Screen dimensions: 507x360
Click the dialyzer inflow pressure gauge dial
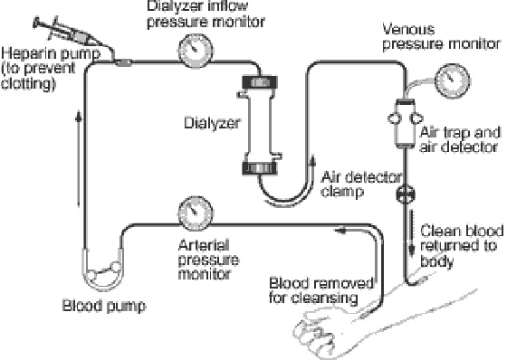tap(196, 51)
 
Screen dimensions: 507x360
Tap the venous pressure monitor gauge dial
tap(452, 81)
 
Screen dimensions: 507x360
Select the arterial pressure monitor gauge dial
tap(196, 213)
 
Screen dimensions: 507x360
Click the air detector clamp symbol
tap(406, 194)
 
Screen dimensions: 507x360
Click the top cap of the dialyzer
tap(260, 82)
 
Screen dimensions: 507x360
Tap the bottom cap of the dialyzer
tap(260, 168)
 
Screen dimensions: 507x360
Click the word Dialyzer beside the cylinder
tap(212, 123)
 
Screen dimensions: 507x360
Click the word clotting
tap(27, 83)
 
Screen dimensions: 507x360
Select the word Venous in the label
tap(408, 30)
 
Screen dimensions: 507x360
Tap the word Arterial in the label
tap(204, 245)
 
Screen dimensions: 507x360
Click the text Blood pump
tap(104, 306)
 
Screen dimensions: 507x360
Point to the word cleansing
tap(324, 298)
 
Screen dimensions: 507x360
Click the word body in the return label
tap(436, 261)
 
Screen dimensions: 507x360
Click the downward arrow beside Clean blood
tap(412, 232)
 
